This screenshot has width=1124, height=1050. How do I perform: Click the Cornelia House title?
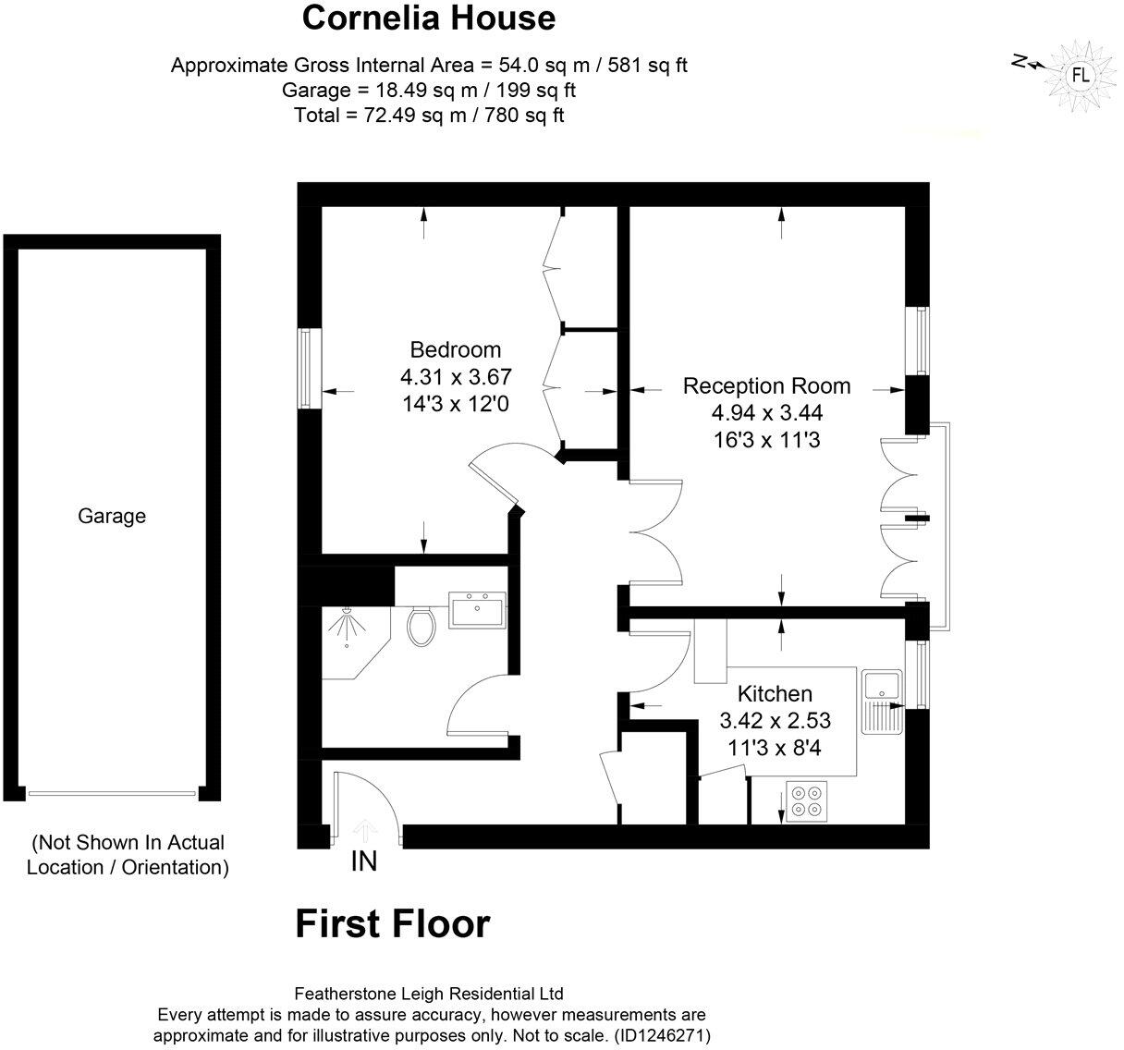429,18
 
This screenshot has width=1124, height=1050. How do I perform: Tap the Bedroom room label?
455,350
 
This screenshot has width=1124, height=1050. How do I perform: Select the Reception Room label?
766,386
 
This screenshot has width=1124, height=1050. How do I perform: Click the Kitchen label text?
774,693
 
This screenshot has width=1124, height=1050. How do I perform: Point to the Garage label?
111,516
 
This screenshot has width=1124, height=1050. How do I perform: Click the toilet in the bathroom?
421,626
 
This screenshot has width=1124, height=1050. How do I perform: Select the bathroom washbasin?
477,610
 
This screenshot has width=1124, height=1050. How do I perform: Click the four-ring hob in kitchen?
805,800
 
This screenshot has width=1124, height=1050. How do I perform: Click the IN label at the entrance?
363,861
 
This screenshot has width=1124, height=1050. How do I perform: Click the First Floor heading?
392,923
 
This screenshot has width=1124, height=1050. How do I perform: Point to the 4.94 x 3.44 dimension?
766,412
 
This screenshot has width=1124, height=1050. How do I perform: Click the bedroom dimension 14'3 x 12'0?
455,403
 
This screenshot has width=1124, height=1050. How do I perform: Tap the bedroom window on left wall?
308,368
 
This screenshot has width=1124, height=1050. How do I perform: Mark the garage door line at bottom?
112,792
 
